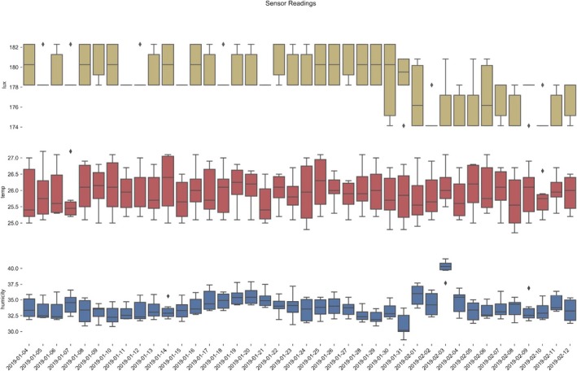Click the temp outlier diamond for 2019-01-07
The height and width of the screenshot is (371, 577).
click(x=71, y=151)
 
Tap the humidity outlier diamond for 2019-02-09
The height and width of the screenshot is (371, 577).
click(x=529, y=288)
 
